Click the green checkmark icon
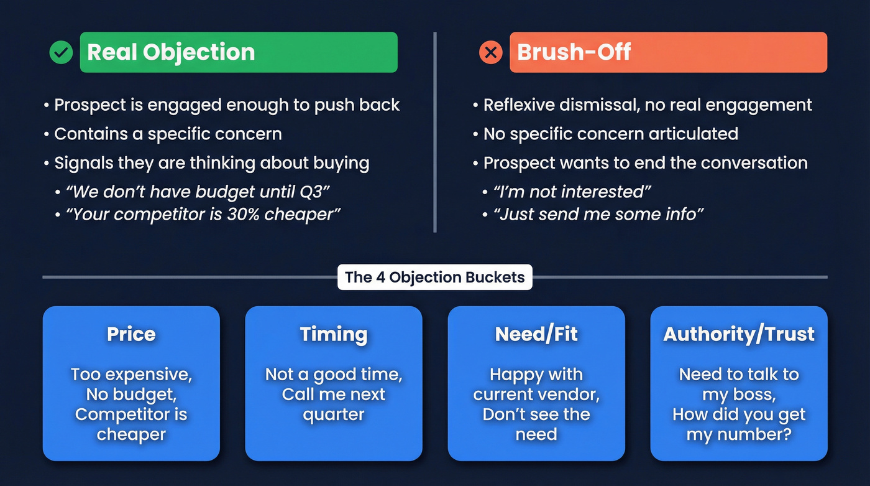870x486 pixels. [61, 53]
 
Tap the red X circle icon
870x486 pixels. [490, 53]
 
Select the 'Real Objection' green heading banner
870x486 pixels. [239, 52]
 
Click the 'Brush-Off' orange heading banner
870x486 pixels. [668, 52]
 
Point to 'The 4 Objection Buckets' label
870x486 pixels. [434, 277]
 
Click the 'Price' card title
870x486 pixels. [131, 334]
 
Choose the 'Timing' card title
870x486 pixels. [334, 334]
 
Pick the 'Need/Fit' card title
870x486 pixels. [536, 334]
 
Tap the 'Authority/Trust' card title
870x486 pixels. [739, 334]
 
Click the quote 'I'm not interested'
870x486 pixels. [572, 192]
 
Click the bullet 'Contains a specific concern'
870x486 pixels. [168, 134]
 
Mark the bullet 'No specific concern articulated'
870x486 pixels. [611, 134]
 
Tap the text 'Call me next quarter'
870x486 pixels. [334, 404]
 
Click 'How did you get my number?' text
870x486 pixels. [739, 424]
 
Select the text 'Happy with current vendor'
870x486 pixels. [536, 385]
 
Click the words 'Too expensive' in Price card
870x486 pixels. [131, 375]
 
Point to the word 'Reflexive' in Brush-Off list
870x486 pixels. [519, 105]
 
